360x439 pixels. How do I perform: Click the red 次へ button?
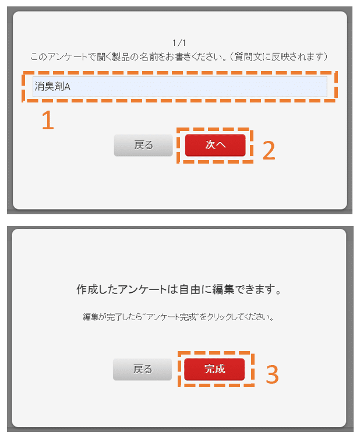coord(215,145)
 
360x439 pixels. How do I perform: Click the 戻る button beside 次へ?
coord(143,145)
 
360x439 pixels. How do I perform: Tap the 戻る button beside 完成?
coord(143,369)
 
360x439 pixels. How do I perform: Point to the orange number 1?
coord(47,120)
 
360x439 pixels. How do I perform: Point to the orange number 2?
coord(269,150)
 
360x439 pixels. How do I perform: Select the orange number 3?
coord(272,375)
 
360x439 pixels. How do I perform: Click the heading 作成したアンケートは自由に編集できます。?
coord(179,290)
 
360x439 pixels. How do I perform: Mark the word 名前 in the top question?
coord(155,56)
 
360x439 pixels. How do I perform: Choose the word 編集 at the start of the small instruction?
coord(91,318)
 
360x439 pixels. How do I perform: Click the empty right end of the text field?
coord(303,87)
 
